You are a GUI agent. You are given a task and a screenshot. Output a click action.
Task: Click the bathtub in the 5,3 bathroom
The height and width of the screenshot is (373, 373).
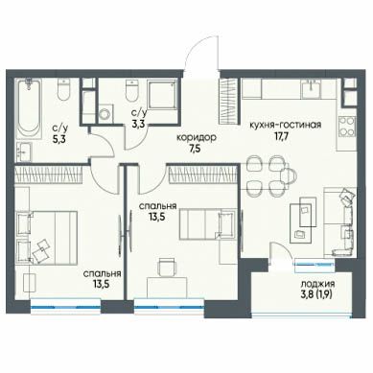click(x=29, y=109)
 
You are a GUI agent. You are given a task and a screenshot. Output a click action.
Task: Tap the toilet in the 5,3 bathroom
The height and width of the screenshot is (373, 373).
click(x=63, y=89)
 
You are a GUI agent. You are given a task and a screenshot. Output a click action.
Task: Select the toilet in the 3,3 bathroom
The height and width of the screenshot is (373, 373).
click(x=132, y=89)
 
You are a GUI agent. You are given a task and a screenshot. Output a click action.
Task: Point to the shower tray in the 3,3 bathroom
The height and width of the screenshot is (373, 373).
click(x=162, y=95)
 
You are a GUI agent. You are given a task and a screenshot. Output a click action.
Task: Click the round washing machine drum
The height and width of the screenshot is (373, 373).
click(x=105, y=113)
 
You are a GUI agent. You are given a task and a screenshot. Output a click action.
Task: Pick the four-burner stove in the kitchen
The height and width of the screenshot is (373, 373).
click(x=347, y=127)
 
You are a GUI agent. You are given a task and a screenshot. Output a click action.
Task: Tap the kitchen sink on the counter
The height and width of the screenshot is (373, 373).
click(x=312, y=88)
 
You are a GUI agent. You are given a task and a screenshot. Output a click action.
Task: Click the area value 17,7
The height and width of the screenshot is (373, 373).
click(x=282, y=136)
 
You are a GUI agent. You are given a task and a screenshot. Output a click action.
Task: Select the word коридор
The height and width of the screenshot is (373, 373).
click(x=197, y=138)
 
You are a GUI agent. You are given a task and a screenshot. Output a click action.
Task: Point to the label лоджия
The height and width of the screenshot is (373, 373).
click(x=317, y=284)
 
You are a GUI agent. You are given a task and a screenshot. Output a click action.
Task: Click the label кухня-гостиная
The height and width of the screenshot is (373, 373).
click(x=285, y=125)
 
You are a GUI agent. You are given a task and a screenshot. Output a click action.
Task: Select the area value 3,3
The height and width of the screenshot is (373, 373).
click(x=139, y=123)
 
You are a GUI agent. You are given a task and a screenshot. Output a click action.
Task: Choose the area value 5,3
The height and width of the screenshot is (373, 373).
click(x=59, y=139)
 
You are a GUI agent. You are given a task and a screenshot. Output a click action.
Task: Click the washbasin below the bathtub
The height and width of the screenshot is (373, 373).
click(x=24, y=152)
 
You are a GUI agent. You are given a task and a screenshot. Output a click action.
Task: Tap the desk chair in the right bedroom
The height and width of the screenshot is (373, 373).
click(x=167, y=267)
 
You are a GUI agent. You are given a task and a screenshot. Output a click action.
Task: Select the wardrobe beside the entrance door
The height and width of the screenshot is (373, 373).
click(x=229, y=102)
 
